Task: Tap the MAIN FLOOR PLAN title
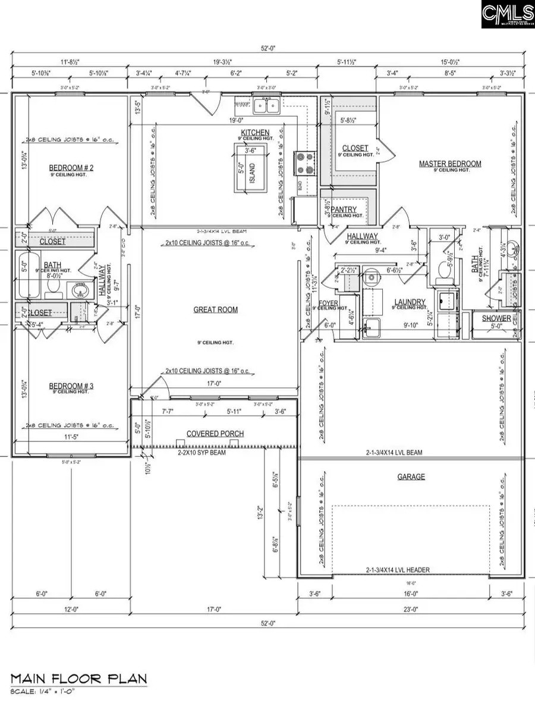pos(78,679)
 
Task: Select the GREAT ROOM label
pos(215,309)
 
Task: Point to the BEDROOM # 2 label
pos(71,168)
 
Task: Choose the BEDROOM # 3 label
pos(71,386)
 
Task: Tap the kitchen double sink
pos(267,106)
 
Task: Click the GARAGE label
pos(411,476)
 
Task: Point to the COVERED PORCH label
pos(215,434)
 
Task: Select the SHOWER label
pos(496,318)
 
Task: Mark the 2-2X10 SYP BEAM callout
pos(204,452)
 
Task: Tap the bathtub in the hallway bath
pos(29,275)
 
